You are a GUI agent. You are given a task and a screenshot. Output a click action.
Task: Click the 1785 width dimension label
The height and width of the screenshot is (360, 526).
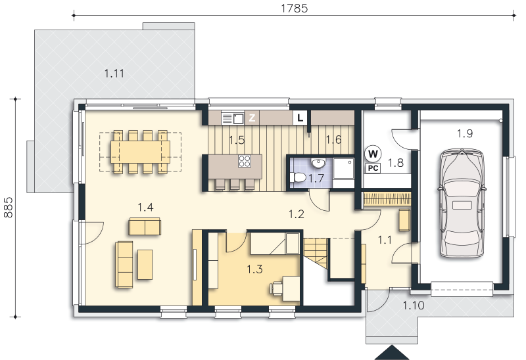294,8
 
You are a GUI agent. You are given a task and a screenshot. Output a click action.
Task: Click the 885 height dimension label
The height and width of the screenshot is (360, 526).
8,207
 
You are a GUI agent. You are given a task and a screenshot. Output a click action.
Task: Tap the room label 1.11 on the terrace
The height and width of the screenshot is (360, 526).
114,73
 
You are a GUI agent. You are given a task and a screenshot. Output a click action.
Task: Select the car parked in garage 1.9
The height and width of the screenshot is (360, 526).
462,204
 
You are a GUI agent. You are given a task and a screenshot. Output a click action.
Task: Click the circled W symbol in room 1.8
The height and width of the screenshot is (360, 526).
373,154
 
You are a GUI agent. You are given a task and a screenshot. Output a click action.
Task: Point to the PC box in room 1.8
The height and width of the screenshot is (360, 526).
373,168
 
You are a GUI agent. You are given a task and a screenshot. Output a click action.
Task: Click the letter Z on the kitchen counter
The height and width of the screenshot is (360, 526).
252,118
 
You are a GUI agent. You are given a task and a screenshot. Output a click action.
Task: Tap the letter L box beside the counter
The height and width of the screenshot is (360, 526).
300,118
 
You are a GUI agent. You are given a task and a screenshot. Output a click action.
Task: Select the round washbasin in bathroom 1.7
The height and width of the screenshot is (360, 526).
318,163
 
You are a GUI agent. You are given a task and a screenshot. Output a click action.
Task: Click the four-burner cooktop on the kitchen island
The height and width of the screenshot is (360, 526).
245,161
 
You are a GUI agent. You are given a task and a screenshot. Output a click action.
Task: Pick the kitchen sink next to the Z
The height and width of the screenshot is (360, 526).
233,118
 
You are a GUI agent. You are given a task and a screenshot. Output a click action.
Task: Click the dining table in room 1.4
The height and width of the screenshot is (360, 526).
141,152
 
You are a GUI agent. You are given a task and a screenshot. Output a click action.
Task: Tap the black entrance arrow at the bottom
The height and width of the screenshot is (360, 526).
391,352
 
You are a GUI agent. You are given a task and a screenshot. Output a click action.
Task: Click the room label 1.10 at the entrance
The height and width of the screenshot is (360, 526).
414,305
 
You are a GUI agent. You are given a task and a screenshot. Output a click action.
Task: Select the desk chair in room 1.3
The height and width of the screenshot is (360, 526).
276,288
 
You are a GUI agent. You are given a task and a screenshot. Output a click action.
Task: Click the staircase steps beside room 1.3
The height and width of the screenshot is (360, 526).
316,252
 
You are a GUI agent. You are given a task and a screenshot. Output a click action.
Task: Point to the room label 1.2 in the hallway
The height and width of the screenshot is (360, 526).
297,214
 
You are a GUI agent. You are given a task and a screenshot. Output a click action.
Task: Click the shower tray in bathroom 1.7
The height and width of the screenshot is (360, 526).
343,173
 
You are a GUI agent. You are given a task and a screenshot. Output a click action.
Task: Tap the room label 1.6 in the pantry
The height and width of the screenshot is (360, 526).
334,139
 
